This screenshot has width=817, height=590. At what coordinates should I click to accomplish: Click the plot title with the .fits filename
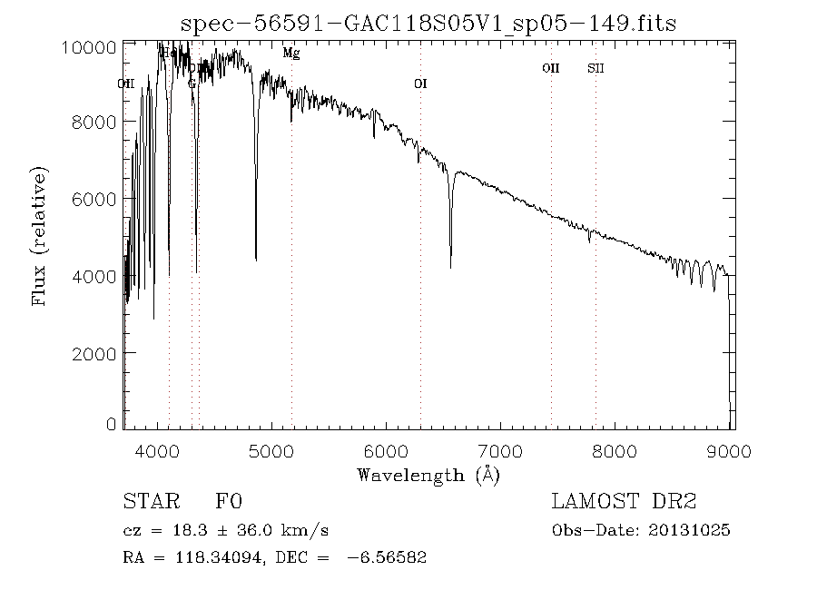coord(428,23)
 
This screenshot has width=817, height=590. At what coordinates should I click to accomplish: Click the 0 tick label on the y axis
coord(111,424)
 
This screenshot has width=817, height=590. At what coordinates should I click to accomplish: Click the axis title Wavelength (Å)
coord(428,474)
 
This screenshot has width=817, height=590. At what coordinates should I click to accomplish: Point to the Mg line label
coord(290,54)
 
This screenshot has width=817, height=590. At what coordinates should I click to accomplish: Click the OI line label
coord(420,84)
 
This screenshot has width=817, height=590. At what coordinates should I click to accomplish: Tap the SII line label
coord(596,68)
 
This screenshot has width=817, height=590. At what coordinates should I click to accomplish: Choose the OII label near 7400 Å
coord(550,68)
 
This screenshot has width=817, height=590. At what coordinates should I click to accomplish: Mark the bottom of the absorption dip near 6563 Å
coord(450,267)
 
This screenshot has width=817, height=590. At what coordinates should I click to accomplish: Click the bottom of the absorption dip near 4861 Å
coord(256,261)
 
